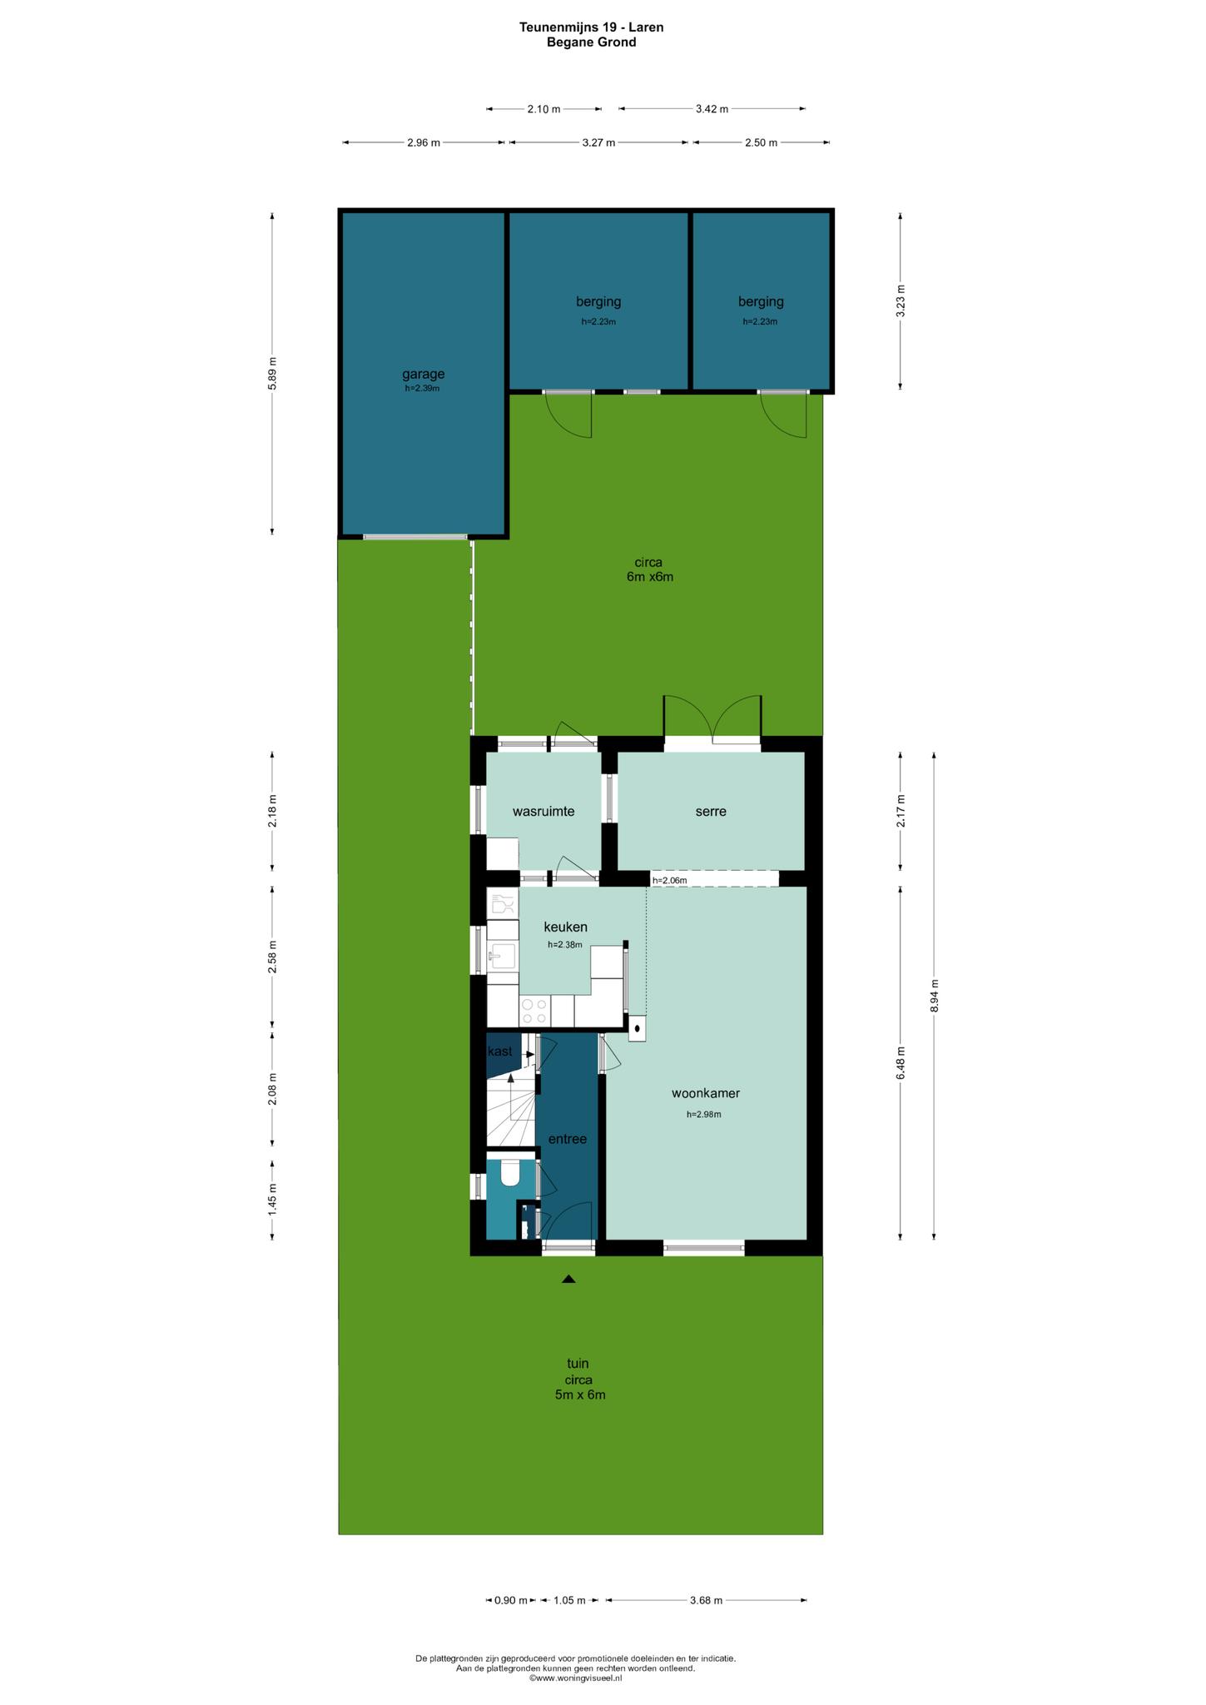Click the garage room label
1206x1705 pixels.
(424, 374)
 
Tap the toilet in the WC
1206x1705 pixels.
(510, 1173)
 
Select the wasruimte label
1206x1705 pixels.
(543, 811)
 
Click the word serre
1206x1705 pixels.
(711, 811)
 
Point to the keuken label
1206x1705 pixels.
(566, 927)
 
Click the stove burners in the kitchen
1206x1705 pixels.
(534, 1012)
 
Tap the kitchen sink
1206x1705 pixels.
(503, 956)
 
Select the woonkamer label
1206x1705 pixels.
(706, 1093)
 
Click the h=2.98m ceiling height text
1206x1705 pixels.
(704, 1114)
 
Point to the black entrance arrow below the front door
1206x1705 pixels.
(568, 1279)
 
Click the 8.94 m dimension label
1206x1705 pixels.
(934, 995)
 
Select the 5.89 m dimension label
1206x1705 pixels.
(273, 373)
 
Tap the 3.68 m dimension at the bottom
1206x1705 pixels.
(706, 1600)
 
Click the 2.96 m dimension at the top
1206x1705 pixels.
(424, 142)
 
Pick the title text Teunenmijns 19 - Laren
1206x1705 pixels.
(592, 27)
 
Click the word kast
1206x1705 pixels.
(500, 1051)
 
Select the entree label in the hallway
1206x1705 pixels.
(568, 1139)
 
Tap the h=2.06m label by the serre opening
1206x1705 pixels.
(670, 880)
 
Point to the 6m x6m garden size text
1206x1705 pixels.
(650, 577)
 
